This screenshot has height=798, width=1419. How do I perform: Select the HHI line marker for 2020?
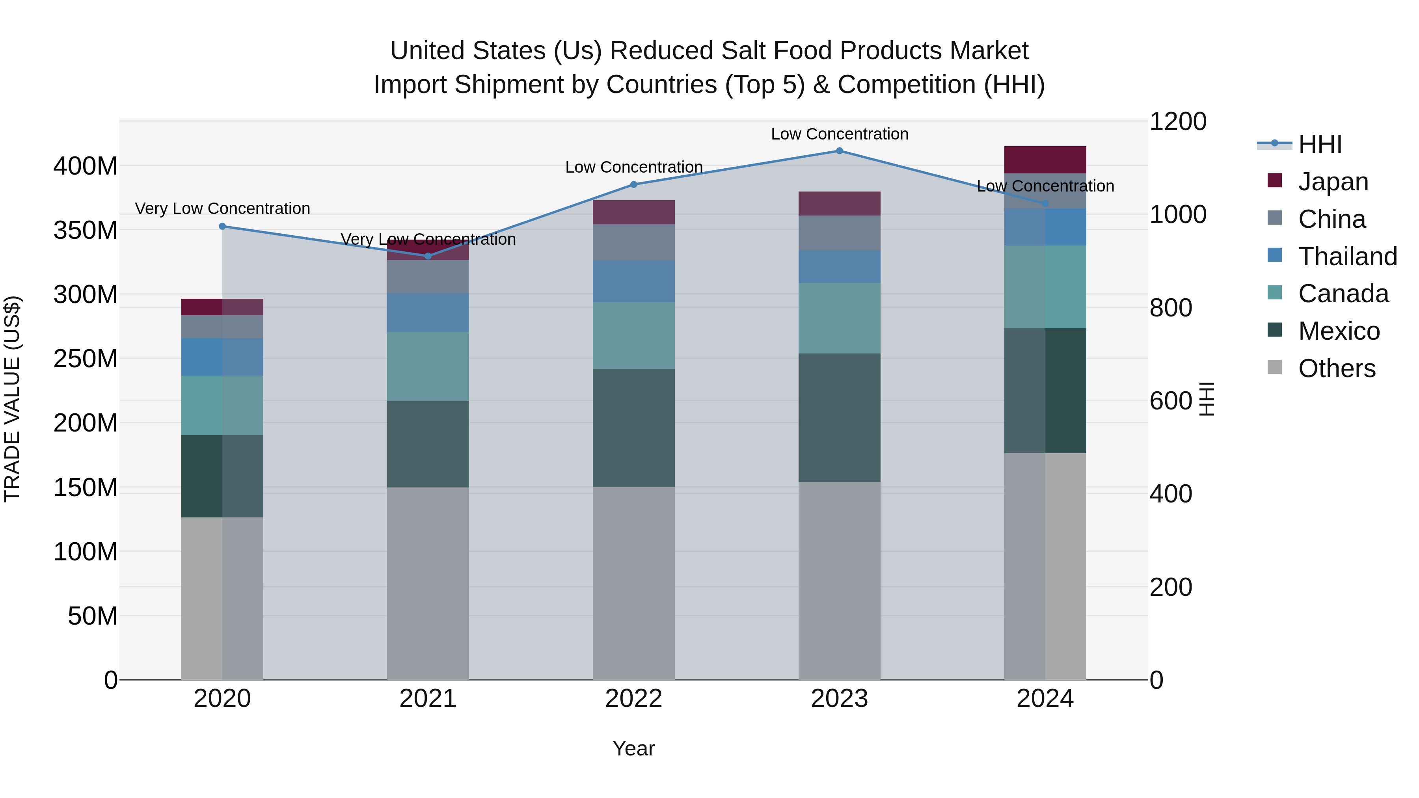coord(223,226)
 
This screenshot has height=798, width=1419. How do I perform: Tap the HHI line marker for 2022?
coord(633,184)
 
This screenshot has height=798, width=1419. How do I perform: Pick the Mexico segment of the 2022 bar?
coord(633,428)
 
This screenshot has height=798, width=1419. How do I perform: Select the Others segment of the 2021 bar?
coord(428,583)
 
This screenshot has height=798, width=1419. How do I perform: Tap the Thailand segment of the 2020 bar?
coord(223,357)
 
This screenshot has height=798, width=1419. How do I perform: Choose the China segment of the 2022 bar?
coord(633,242)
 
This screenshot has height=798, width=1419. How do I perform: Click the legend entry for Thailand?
coord(1347,257)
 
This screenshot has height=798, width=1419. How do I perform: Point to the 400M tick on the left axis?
coord(86,166)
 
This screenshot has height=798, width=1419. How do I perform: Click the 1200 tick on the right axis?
coord(1178,122)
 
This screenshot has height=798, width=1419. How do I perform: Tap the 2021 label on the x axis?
coord(428,699)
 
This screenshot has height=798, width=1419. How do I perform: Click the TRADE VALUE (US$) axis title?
coord(12,399)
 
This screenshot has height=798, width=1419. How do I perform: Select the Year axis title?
coord(633,748)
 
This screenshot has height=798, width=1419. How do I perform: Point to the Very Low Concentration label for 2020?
coord(223,209)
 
